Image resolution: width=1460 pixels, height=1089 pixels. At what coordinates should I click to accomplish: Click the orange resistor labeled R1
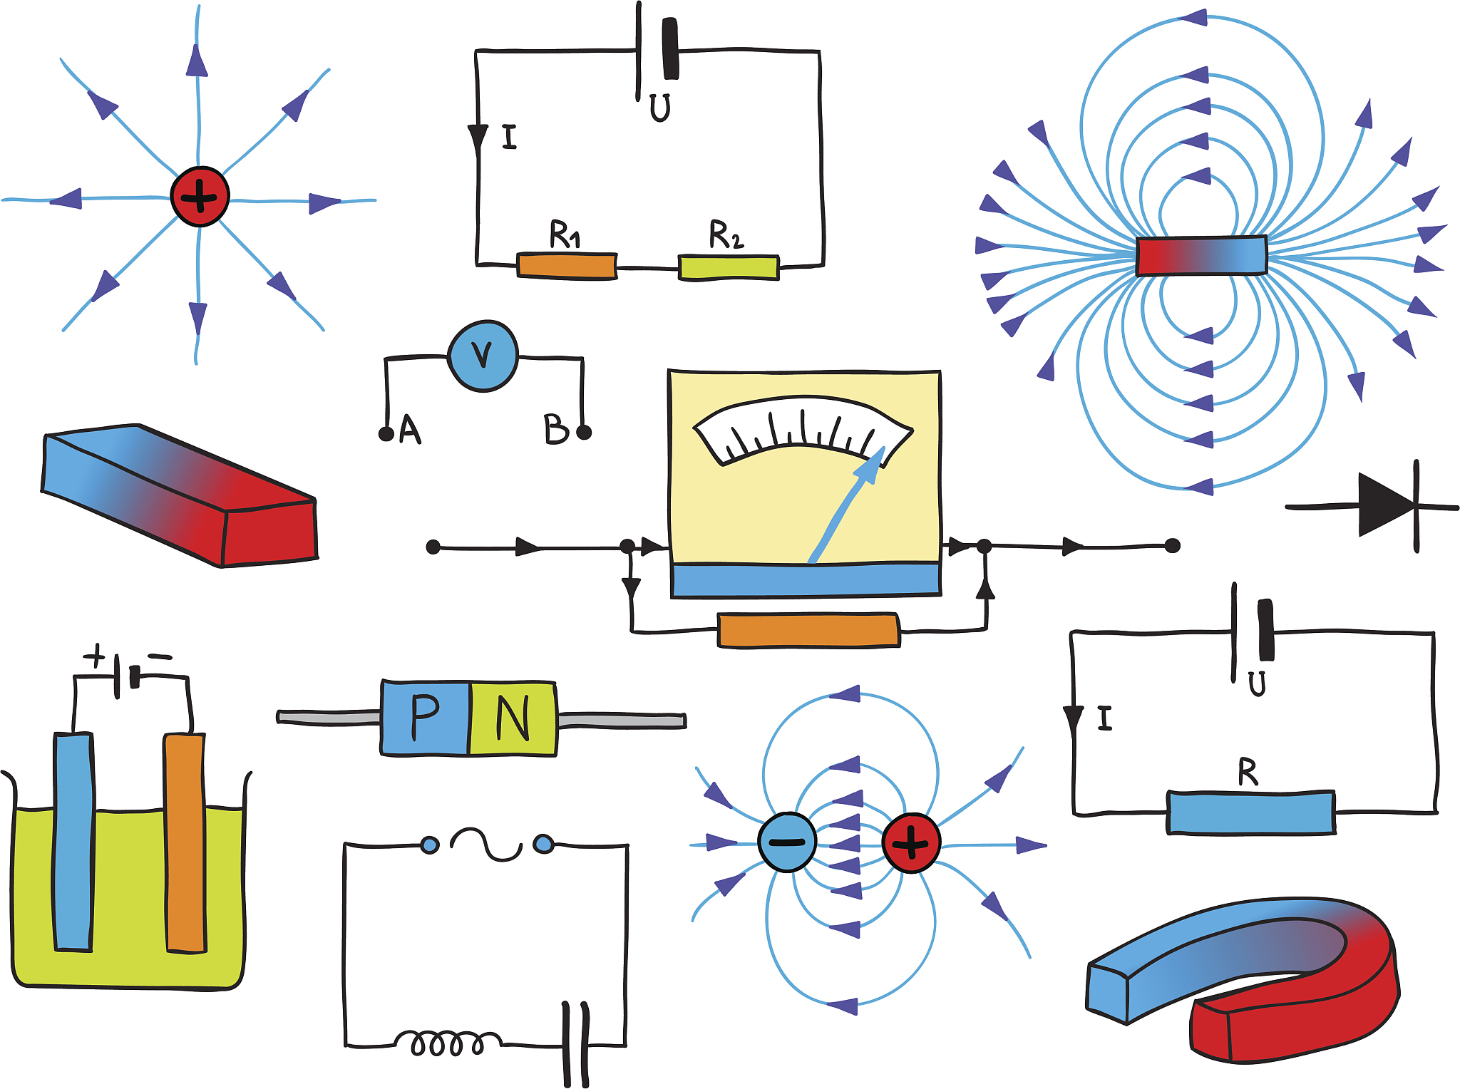coord(567,266)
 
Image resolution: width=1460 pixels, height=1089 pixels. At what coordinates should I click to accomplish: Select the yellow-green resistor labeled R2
coord(728,267)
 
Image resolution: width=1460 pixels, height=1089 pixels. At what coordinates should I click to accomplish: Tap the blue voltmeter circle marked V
coord(483,356)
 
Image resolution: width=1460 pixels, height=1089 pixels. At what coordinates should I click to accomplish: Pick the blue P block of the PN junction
coord(426,718)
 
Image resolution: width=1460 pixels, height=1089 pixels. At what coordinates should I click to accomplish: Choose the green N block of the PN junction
coord(513,718)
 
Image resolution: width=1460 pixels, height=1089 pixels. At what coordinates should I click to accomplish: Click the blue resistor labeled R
coord(1250,812)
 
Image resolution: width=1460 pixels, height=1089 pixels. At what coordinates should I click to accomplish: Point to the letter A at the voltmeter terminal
coord(410,429)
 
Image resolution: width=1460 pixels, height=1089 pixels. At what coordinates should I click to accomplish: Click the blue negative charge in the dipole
coord(787,842)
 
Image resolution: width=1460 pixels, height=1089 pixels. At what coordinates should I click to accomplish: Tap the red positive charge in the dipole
coord(911,843)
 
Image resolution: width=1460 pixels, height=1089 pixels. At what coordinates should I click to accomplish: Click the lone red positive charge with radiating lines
coord(200,197)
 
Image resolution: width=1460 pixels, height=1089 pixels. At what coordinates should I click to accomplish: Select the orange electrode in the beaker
coord(185,842)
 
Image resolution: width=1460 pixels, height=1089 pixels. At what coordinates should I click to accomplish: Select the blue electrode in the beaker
coord(73,841)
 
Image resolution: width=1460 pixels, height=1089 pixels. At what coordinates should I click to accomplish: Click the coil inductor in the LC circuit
coord(447,1043)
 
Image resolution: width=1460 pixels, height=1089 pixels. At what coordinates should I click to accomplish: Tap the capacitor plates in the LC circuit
coord(576,1044)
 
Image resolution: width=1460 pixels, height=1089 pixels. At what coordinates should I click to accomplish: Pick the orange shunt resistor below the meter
coord(808,631)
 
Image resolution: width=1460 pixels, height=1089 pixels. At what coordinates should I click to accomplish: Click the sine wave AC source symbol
coord(486,845)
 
